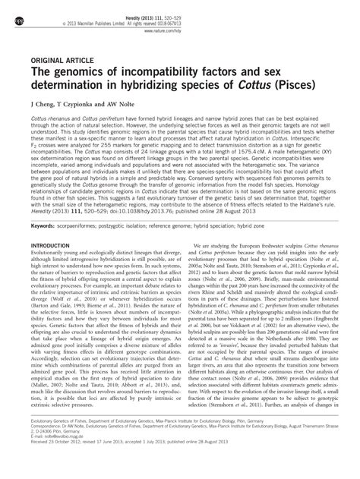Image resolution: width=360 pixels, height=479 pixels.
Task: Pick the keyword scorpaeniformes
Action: tap(87, 247)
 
